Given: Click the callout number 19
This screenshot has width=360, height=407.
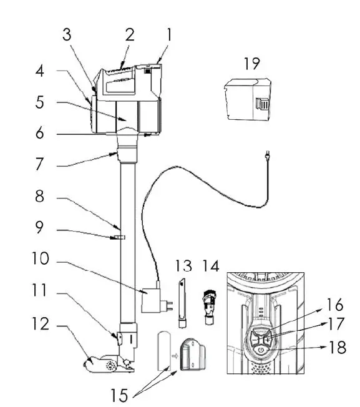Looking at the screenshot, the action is [x=252, y=64].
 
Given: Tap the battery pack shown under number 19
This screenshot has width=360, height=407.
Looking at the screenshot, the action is [x=247, y=99].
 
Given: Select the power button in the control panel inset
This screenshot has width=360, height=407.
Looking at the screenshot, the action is [x=261, y=350].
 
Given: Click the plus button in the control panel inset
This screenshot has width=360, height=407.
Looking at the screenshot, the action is [x=268, y=339].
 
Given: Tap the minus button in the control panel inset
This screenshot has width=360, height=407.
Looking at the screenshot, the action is [x=255, y=339].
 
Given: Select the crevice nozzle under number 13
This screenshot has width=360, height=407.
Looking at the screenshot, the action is [x=182, y=303].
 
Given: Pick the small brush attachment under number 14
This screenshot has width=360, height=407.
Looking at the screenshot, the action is [x=210, y=307].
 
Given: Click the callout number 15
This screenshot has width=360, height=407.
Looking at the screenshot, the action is [x=120, y=395].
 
